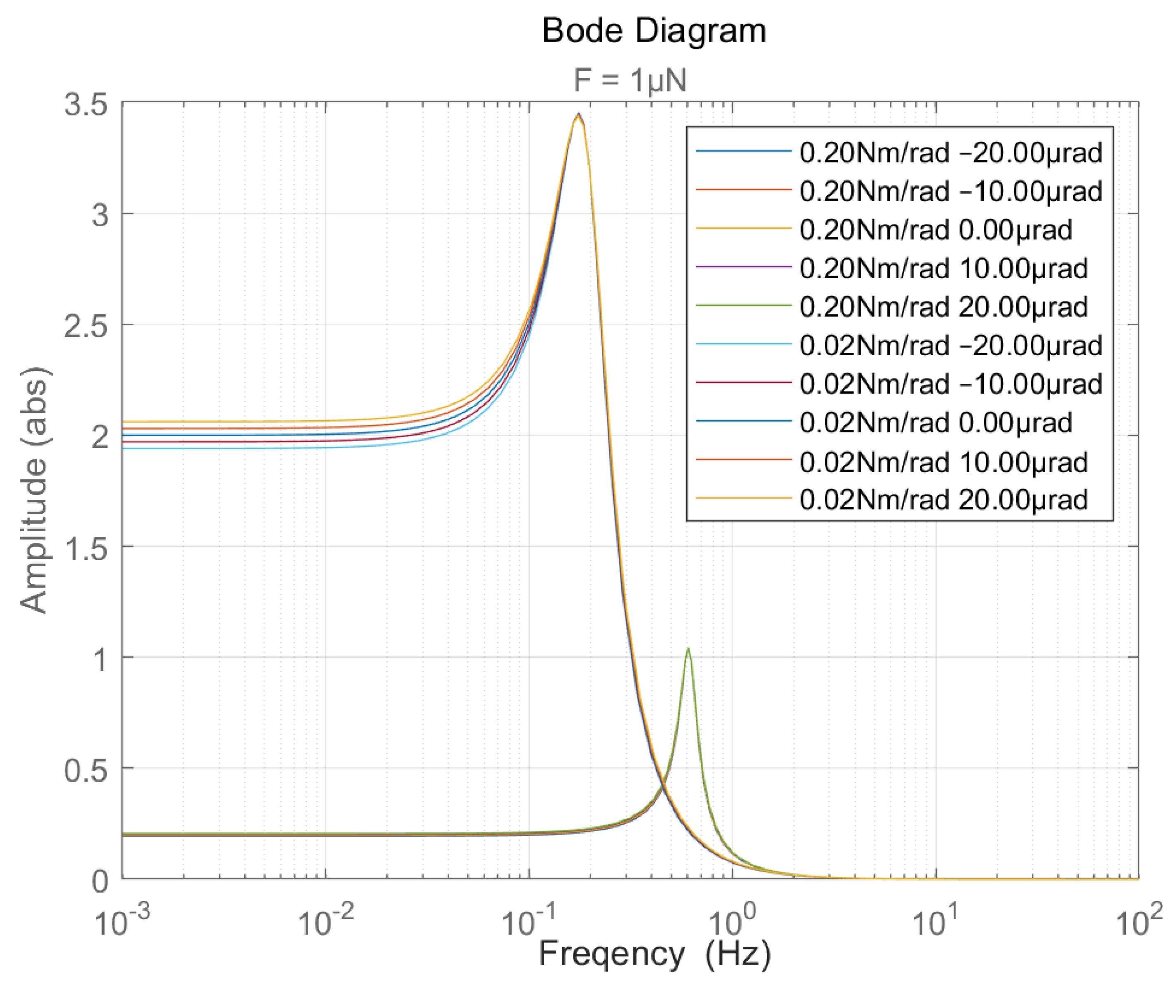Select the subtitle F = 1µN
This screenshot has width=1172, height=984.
[x=630, y=80]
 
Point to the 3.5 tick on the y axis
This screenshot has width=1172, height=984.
[x=85, y=104]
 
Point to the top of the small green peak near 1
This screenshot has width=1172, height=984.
[x=689, y=649]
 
